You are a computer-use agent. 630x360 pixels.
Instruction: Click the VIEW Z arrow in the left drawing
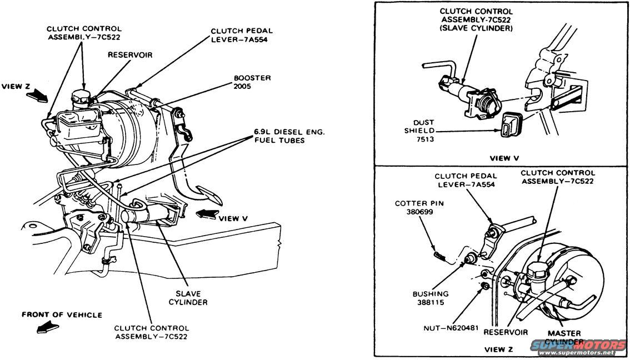pos(37,97)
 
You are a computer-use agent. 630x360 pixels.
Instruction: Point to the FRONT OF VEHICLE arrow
pos(47,327)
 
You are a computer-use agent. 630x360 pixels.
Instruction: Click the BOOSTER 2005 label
pos(252,82)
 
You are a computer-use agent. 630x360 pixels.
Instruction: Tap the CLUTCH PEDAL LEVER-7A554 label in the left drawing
pos(242,35)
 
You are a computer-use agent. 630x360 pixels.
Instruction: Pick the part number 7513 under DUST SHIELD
pos(424,139)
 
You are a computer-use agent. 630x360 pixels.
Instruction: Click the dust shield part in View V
pos(511,124)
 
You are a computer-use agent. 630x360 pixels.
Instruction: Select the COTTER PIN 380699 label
pos(419,207)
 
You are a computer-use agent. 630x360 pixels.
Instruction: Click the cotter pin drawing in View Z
pos(439,256)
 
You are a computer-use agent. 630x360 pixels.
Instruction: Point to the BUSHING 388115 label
pos(431,298)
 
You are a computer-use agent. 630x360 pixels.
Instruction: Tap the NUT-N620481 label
pos(451,328)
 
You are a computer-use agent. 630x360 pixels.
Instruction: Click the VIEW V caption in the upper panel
pos(504,158)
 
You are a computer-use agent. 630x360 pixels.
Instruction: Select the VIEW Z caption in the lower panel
pos(499,349)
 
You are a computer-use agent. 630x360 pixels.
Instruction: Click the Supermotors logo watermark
pos(578,347)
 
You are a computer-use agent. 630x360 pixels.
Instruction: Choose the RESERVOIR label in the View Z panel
pos(505,332)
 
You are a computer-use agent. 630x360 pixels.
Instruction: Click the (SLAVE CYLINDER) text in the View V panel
pos(476,28)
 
